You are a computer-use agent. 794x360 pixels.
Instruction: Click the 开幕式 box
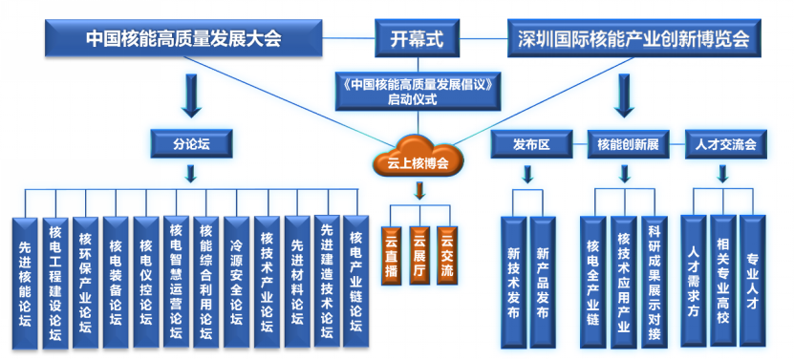click(x=417, y=38)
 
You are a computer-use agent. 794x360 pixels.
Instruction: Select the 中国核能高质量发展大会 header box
click(x=183, y=38)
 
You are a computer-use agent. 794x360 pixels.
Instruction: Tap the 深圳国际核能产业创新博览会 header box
click(x=634, y=38)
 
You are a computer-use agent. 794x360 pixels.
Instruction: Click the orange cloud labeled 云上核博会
click(x=418, y=156)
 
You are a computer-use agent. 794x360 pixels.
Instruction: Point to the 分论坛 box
click(x=191, y=144)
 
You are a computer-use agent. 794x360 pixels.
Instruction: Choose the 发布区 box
click(x=531, y=144)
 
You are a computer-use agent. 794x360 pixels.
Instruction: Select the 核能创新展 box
click(x=628, y=144)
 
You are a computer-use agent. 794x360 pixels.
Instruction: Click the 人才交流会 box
click(x=725, y=144)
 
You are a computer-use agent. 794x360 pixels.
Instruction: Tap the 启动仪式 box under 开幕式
click(x=418, y=91)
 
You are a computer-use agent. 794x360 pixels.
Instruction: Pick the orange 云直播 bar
click(x=392, y=255)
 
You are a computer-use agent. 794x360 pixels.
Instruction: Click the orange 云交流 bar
click(x=446, y=255)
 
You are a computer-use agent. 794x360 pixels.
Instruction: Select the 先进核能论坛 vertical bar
click(x=25, y=283)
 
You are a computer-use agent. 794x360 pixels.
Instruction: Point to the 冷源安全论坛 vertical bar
click(x=236, y=283)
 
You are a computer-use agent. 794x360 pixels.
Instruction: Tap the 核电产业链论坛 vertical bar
click(x=356, y=282)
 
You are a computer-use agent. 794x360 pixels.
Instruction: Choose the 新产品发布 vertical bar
click(x=543, y=283)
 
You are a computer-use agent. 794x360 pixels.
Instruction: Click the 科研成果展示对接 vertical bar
click(x=655, y=283)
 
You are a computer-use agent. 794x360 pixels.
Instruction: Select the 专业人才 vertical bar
click(x=753, y=281)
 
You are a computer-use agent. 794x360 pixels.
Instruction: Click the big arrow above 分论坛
click(x=191, y=95)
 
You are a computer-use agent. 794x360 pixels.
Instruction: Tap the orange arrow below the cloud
click(x=418, y=190)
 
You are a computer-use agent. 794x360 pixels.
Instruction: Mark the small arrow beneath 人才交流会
click(x=723, y=174)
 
